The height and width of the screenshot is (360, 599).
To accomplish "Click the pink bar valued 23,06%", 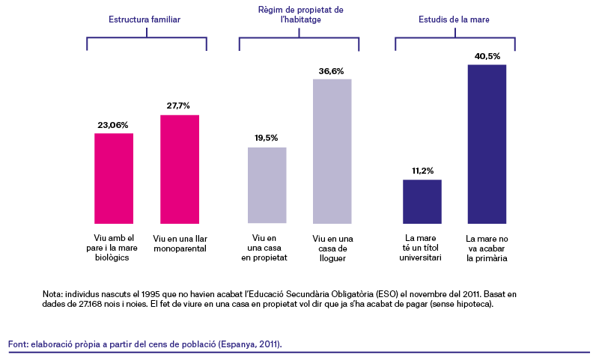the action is (114, 178).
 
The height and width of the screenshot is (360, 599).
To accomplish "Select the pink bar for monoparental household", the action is (180, 169).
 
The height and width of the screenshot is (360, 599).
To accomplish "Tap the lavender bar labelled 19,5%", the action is (267, 185).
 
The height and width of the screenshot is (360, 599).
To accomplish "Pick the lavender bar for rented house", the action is (332, 151).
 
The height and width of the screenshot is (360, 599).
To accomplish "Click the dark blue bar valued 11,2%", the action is (422, 201).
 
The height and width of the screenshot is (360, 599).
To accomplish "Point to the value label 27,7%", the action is (178, 106).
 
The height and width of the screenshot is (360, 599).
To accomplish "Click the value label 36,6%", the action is (331, 71).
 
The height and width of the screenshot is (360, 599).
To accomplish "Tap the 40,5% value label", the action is (487, 56).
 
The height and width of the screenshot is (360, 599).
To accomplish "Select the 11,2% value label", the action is (422, 171).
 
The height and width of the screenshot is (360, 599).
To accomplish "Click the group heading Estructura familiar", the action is (145, 19).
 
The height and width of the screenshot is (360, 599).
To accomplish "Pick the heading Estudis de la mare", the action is (454, 19).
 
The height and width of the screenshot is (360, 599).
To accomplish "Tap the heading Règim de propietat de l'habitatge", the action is (301, 14).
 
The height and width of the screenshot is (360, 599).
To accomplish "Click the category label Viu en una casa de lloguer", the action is (332, 248).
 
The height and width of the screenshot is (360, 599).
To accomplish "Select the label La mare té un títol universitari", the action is (420, 248).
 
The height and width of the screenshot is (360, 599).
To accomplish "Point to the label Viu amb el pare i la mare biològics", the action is (112, 248).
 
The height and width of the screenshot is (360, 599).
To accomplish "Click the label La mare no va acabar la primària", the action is (487, 248).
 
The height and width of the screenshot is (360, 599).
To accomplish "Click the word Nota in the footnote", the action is (52, 294).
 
